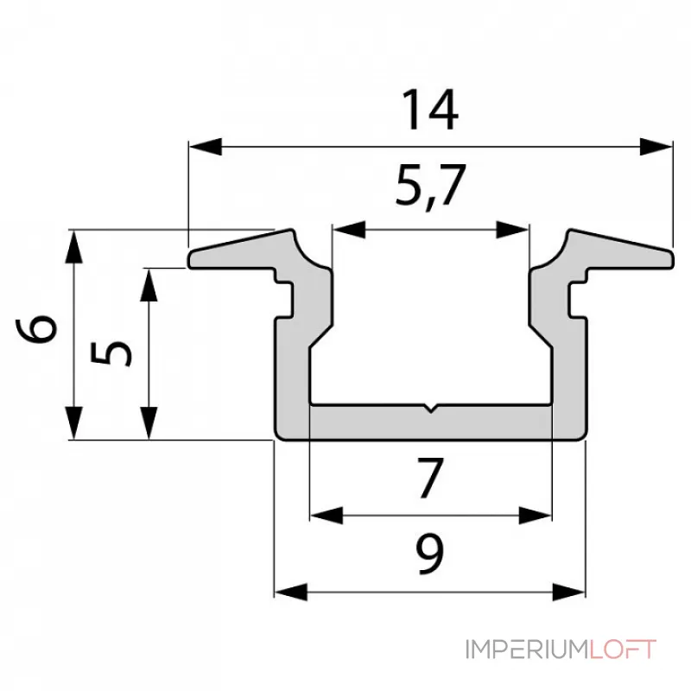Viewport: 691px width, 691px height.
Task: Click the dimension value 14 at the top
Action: pyautogui.click(x=429, y=111)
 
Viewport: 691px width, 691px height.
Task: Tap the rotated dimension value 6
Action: pyautogui.click(x=40, y=332)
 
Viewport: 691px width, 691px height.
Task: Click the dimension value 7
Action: pyautogui.click(x=429, y=479)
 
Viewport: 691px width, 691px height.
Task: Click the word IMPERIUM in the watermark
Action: pyautogui.click(x=528, y=649)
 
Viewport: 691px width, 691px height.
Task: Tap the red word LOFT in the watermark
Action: pyautogui.click(x=624, y=649)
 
